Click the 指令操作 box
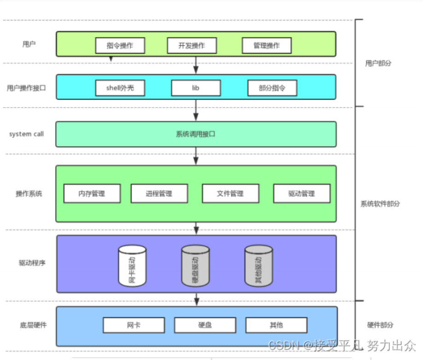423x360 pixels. coord(120,46)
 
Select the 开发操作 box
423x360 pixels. coord(192,46)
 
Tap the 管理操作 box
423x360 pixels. coord(267,46)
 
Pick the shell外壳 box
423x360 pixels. coord(120,88)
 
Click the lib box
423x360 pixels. coord(196,88)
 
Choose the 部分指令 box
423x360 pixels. coord(272,88)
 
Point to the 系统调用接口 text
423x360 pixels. coord(196,134)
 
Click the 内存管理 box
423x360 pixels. coord(92,194)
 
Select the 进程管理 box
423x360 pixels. coord(159,194)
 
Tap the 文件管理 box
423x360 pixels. coord(231,194)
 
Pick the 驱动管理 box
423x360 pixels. coord(301,194)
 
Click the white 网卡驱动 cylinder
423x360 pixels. coord(132,266)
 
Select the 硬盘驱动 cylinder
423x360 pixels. coord(196,266)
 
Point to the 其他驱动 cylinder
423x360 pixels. coord(259,266)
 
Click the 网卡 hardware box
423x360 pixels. coord(134,325)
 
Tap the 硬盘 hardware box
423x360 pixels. coord(205,325)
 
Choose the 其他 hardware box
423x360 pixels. coord(276,325)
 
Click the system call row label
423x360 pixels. coord(26,134)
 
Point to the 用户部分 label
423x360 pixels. coord(378,63)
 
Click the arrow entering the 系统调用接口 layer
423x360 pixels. coord(196,110)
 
